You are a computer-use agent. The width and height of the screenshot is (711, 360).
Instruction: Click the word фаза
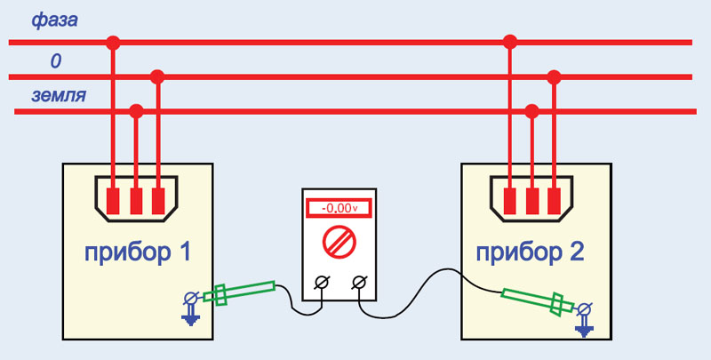pyautogui.click(x=54, y=20)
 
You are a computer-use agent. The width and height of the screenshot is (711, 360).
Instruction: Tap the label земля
pyautogui.click(x=59, y=96)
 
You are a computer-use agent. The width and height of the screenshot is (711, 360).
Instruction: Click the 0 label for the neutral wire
pyautogui.click(x=55, y=61)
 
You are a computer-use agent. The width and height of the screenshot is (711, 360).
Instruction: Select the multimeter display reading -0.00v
pyautogui.click(x=340, y=208)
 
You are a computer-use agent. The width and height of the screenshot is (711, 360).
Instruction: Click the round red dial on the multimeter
pyautogui.click(x=340, y=243)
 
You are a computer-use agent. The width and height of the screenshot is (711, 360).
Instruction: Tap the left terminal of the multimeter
pyautogui.click(x=323, y=283)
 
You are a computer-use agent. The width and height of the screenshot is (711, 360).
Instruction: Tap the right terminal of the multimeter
pyautogui.click(x=359, y=283)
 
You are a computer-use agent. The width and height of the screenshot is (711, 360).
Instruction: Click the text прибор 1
pyautogui.click(x=138, y=253)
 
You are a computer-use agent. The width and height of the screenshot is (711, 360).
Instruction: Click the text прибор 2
pyautogui.click(x=530, y=253)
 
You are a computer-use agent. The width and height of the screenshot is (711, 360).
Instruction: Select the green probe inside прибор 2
pyautogui.click(x=538, y=301)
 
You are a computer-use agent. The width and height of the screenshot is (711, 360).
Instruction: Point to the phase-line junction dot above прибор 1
pyautogui.click(x=113, y=43)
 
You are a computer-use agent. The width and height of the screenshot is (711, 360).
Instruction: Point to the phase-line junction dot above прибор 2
pyautogui.click(x=510, y=42)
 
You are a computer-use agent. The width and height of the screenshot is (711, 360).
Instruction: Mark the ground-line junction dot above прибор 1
pyautogui.click(x=136, y=111)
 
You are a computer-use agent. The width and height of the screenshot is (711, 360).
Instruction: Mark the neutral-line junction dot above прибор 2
pyautogui.click(x=554, y=77)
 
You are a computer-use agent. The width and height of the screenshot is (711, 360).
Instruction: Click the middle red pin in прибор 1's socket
pyautogui.click(x=136, y=201)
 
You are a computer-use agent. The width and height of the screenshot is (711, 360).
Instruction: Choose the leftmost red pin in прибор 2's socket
pyautogui.click(x=509, y=201)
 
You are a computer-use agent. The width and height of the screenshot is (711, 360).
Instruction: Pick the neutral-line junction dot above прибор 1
pyautogui.click(x=157, y=77)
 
